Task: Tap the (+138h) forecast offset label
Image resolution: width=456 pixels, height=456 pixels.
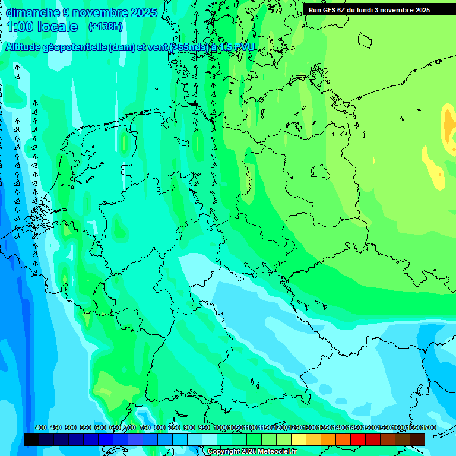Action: click(x=105, y=26)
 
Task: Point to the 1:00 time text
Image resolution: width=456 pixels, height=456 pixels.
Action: click(x=20, y=27)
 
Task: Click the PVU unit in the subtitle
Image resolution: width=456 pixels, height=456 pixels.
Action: click(x=244, y=47)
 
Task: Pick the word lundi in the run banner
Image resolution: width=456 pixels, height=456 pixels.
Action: click(x=368, y=10)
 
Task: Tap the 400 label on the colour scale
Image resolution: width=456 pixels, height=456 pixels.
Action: click(x=41, y=428)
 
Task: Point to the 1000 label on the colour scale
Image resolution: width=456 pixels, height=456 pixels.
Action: click(x=221, y=428)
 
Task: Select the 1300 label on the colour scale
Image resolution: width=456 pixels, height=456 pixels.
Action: click(x=310, y=428)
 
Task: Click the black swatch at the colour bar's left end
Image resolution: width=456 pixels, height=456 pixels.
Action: click(x=31, y=439)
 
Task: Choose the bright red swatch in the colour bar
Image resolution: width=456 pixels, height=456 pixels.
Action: click(x=358, y=439)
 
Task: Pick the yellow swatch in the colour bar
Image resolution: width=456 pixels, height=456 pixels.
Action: click(x=299, y=439)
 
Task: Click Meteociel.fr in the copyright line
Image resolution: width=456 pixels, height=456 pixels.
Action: click(x=273, y=452)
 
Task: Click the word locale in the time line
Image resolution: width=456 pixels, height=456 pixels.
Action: click(x=57, y=27)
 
